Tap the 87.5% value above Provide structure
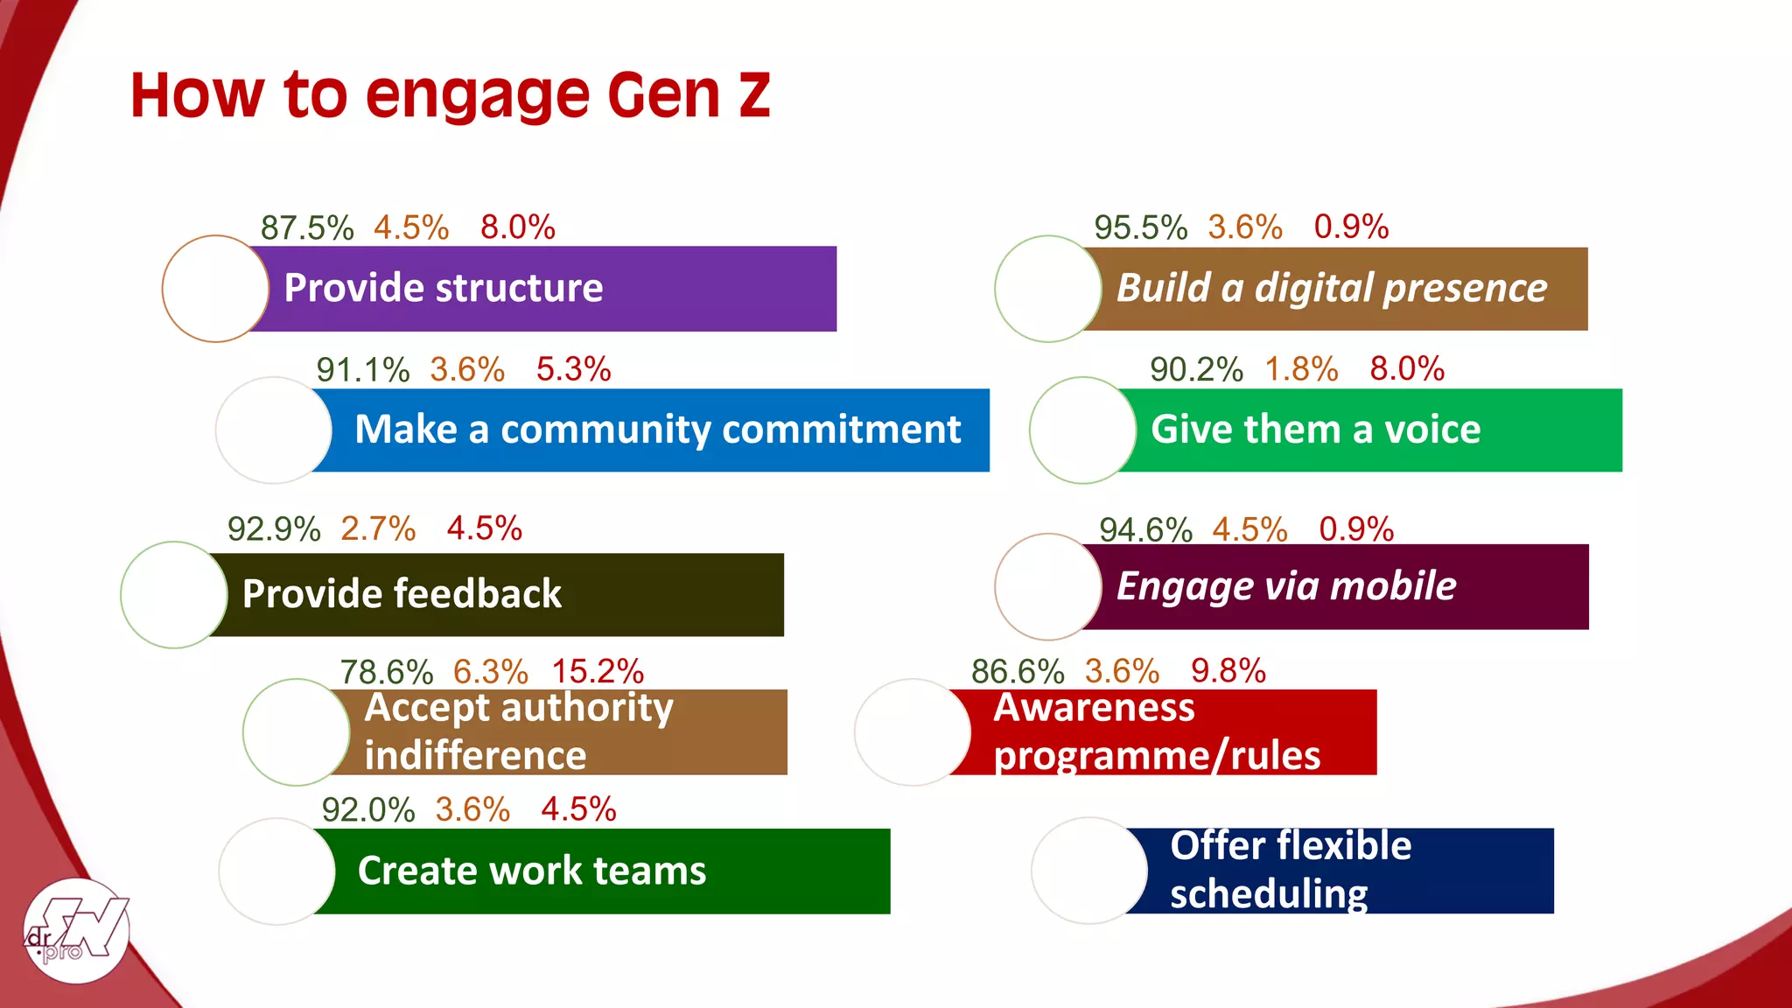tap(306, 227)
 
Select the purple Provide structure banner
tap(542, 289)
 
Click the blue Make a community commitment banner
tap(656, 430)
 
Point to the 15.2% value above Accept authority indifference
tap(598, 672)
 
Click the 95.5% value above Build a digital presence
tap(1140, 227)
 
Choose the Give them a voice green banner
tap(1374, 430)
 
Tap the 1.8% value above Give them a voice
tap(1301, 369)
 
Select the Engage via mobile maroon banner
tap(1339, 586)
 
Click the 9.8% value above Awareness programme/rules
tap(1228, 671)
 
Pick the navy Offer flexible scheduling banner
tap(1347, 871)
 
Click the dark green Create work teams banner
tap(604, 871)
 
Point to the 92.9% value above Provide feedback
tap(273, 529)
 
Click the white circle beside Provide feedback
tap(173, 595)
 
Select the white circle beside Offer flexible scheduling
tap(1088, 871)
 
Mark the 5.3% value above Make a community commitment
tap(573, 369)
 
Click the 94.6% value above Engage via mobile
tap(1144, 529)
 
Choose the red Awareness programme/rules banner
tap(1172, 732)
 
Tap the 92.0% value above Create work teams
tap(367, 809)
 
